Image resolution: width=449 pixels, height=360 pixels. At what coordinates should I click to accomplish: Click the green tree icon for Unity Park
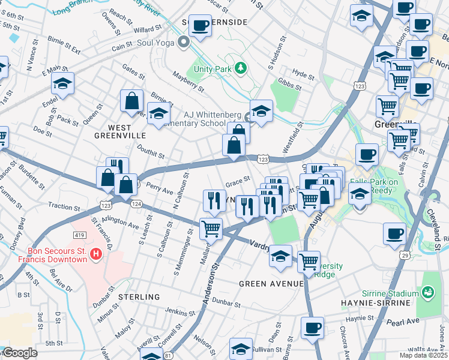click(x=241, y=68)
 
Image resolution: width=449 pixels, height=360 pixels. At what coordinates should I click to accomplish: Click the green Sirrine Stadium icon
click(x=429, y=293)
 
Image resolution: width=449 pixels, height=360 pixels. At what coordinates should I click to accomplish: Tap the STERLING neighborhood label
click(x=139, y=297)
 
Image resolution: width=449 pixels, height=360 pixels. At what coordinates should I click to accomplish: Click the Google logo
click(x=20, y=353)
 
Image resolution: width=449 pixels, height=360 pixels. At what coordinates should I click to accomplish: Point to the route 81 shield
click(x=168, y=355)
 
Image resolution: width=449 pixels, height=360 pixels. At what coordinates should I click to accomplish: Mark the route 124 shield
click(x=136, y=205)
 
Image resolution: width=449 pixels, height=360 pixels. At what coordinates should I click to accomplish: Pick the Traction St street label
click(x=61, y=206)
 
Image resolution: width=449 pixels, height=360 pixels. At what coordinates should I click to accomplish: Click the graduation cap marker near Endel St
click(x=62, y=85)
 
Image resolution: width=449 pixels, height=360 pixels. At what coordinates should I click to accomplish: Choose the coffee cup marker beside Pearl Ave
click(x=312, y=329)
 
